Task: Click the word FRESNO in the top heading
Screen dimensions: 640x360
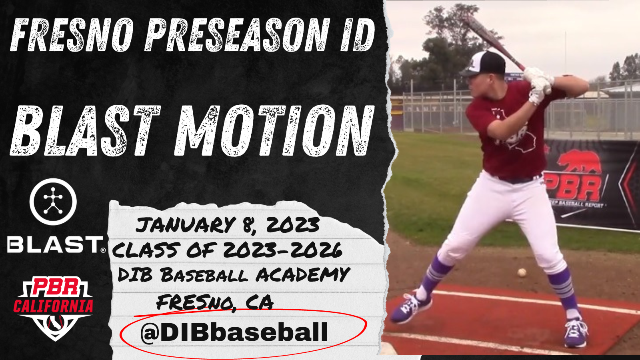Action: pos(72,34)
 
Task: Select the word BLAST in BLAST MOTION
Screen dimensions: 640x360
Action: pos(86,130)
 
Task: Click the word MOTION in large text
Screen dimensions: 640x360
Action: pos(274,130)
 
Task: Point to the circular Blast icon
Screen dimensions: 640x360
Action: pos(53,202)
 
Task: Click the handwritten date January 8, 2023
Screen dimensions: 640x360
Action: pos(228,226)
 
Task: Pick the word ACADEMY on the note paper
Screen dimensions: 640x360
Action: pos(303,274)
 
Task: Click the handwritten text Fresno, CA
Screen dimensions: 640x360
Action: pos(215,303)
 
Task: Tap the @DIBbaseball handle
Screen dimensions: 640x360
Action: pos(234,332)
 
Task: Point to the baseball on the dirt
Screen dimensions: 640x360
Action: pos(522,272)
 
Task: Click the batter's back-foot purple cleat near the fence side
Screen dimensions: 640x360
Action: pos(575,333)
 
